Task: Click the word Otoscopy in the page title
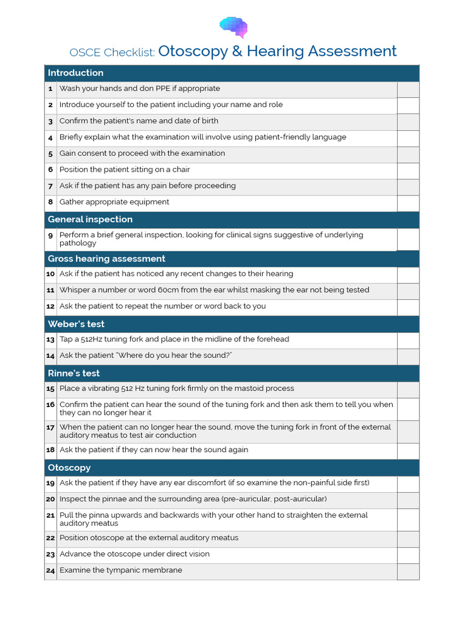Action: (x=193, y=51)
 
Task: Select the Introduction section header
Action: (x=75, y=73)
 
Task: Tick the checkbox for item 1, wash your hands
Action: (x=408, y=89)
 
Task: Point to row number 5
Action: (x=50, y=154)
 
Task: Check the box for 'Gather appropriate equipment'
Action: (x=408, y=203)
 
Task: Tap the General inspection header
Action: (x=90, y=220)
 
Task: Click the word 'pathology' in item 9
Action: (x=77, y=243)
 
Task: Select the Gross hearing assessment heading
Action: (x=106, y=259)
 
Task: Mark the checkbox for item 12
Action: (x=408, y=307)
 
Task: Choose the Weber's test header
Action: (x=76, y=324)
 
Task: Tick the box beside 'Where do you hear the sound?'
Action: (x=408, y=357)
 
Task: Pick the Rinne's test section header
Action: (x=74, y=374)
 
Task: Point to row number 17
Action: (x=50, y=428)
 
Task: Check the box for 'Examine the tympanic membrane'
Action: (x=408, y=571)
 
